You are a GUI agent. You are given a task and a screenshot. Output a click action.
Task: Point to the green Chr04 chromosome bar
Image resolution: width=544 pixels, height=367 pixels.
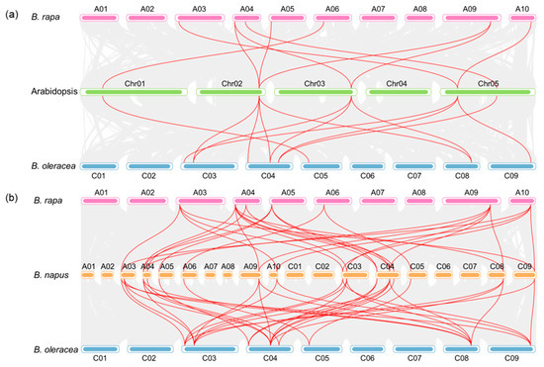pos(400,92)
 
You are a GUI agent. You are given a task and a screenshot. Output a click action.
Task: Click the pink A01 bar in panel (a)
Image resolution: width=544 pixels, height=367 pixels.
pos(100,18)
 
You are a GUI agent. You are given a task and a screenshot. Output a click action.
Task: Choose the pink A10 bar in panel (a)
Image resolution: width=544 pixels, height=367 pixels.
pos(522,18)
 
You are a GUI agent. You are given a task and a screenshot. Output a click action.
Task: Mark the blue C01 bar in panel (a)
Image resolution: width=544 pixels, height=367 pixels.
pos(99,166)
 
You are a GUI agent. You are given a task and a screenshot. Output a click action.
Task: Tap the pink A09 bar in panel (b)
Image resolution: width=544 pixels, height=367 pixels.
pos(471,202)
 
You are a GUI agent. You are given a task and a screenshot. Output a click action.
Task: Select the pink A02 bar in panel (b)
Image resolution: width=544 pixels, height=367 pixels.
pos(146,202)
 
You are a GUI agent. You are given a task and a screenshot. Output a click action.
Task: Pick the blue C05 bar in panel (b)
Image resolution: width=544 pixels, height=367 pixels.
pos(321,349)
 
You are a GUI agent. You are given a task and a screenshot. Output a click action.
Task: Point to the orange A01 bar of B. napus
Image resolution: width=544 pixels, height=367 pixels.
pos(87,276)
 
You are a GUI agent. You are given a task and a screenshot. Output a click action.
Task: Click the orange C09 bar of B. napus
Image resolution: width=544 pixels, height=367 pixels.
pos(524,276)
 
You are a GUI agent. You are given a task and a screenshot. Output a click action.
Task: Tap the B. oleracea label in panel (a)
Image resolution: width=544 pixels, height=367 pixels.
pos(48,166)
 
